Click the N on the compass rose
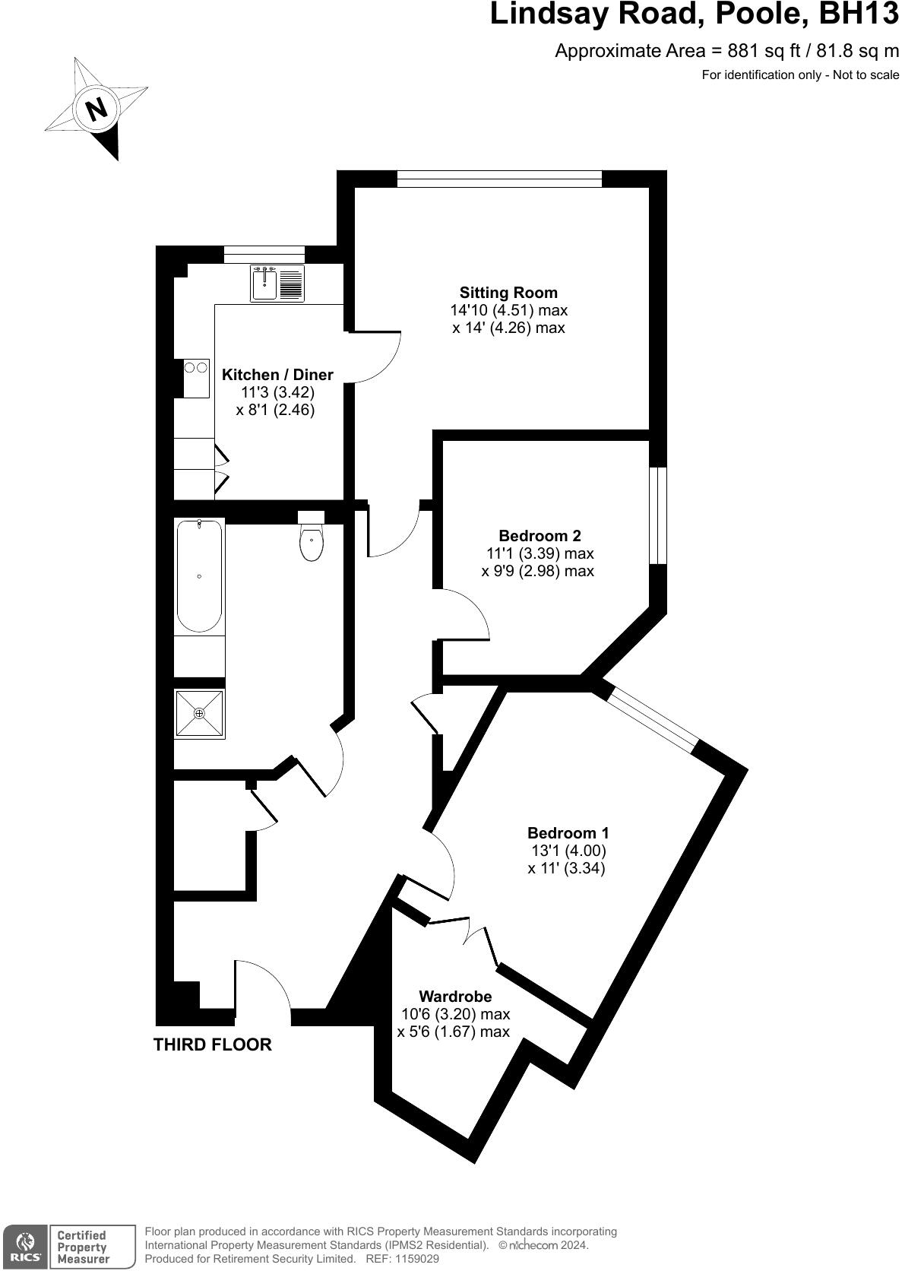click(x=97, y=109)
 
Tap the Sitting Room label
click(x=508, y=293)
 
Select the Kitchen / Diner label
click(x=277, y=375)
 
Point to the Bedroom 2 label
click(x=540, y=536)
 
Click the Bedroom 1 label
click(x=568, y=833)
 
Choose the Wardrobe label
click(x=455, y=996)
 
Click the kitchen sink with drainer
click(x=277, y=284)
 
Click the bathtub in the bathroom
click(x=199, y=576)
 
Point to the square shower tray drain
click(x=199, y=713)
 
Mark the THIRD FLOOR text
click(x=212, y=1044)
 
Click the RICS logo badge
click(x=25, y=1247)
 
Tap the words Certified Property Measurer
click(x=83, y=1247)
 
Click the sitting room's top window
click(x=499, y=179)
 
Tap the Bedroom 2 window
click(x=658, y=515)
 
